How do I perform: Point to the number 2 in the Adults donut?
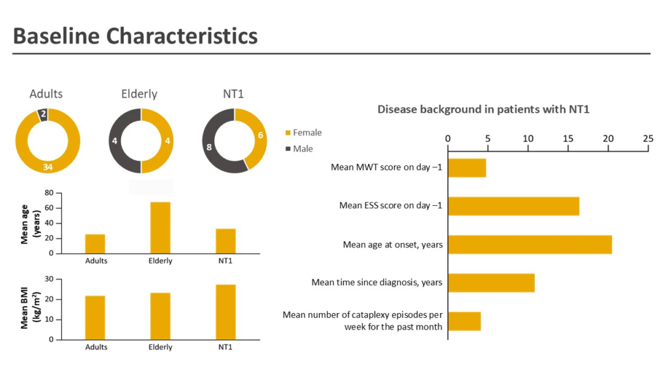point(42,114)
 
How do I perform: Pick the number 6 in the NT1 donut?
point(261,135)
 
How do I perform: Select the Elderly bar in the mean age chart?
point(160,227)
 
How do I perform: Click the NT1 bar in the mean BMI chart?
point(226,312)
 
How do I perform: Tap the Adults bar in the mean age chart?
point(95,244)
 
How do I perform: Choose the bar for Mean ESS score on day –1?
point(513,206)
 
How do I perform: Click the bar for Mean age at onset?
point(530,245)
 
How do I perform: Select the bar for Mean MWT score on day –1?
point(466,167)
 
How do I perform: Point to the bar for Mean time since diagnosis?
point(491,283)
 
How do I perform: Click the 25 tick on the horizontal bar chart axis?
point(648,139)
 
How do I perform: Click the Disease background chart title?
point(483,109)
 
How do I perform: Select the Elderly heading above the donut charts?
point(139,94)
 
